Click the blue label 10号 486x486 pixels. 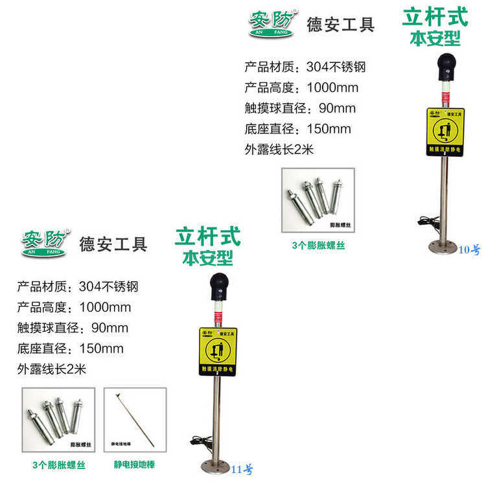469,249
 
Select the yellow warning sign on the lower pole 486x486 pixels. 217,351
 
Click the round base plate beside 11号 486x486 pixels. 216,465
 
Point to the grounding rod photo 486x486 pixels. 135,419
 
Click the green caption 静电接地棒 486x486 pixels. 135,465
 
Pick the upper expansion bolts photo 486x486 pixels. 318,200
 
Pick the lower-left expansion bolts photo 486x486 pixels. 58,419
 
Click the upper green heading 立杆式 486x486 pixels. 435,16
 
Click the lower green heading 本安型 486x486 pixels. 207,258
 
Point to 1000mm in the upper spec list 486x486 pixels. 332,87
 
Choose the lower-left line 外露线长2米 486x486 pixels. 52,369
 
